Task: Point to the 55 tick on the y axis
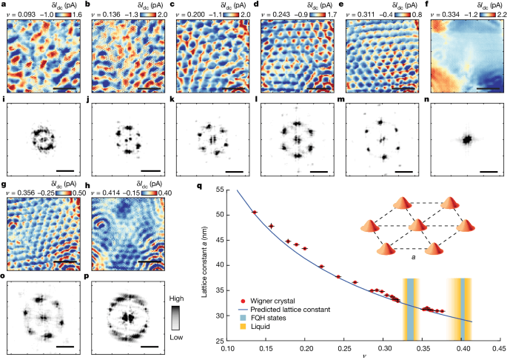point(221,190)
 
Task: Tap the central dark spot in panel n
point(466,139)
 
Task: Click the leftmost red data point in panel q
point(255,213)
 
